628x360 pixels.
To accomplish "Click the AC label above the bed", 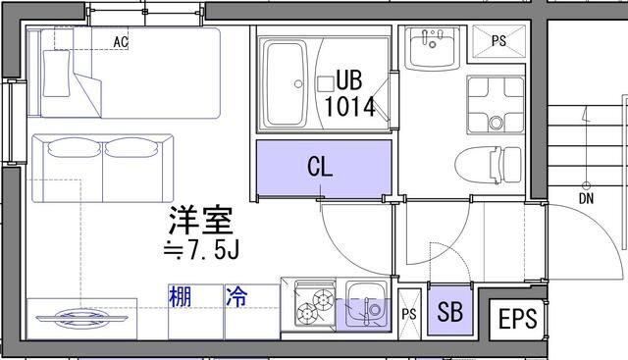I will point(121,42).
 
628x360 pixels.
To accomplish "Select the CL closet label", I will point(320,167).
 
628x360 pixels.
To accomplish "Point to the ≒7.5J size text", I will point(200,251).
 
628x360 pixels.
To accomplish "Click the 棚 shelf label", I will point(180,295).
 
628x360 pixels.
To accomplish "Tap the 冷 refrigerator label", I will point(236,295).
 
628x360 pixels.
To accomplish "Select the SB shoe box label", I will point(449,314).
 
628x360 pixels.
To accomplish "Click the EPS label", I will point(517,320).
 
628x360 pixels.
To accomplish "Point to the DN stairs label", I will point(586,197).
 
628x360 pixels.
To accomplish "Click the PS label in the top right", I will point(498,42).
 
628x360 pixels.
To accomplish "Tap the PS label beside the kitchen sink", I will point(409,314).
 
